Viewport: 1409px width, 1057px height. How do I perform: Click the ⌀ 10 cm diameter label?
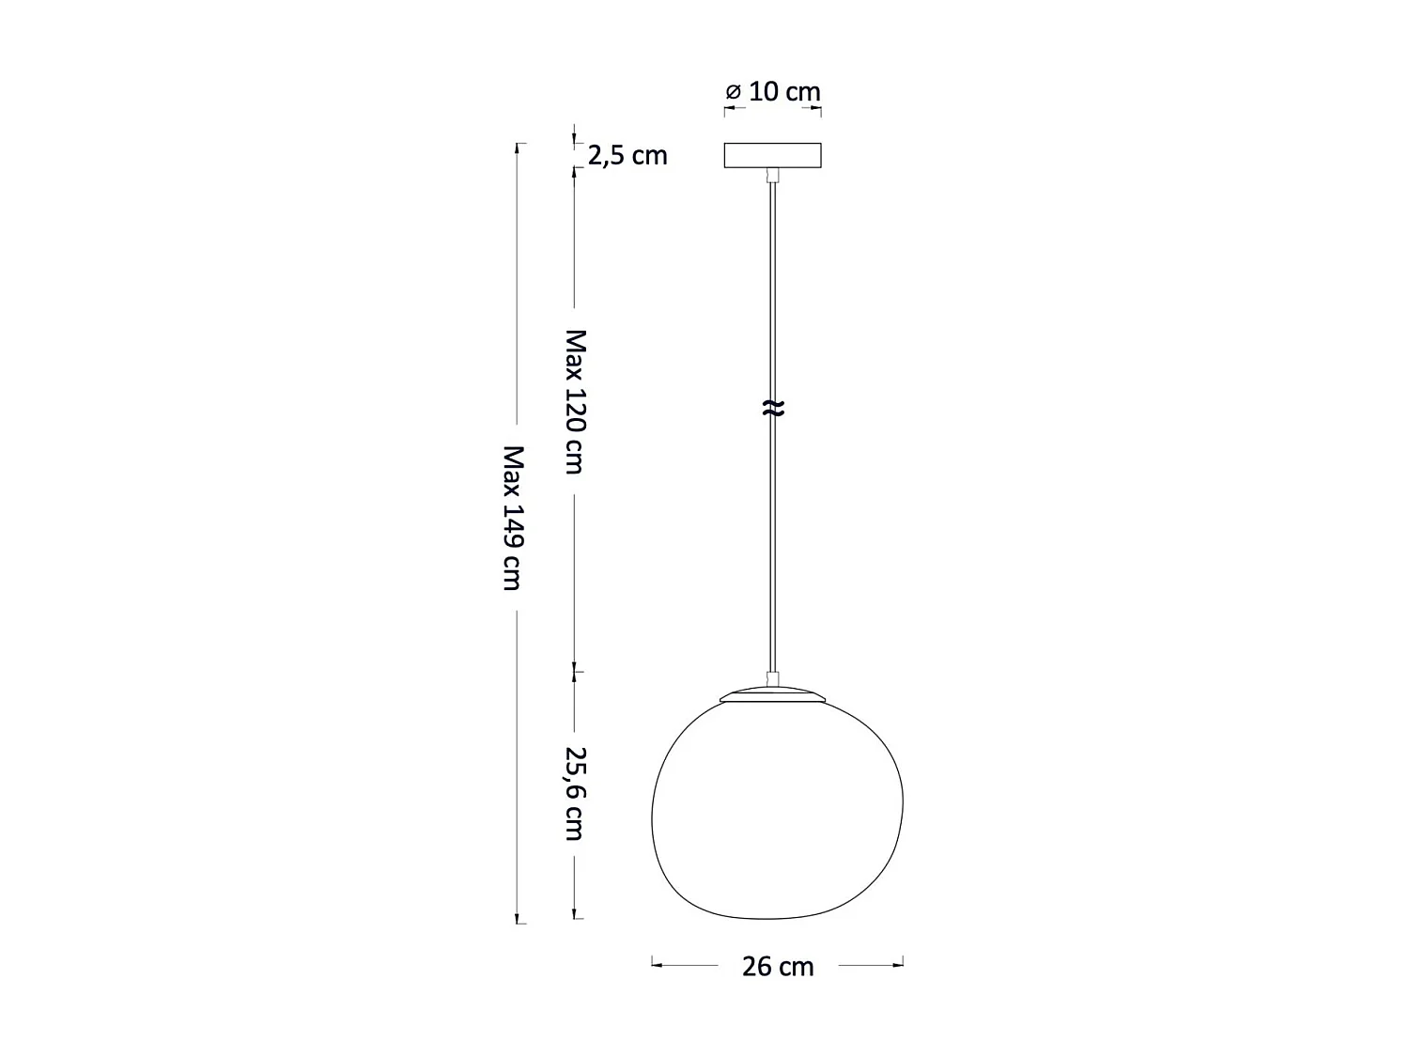click(773, 92)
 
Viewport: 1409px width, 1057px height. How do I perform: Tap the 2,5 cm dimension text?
click(627, 155)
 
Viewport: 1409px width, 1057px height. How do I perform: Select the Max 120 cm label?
click(575, 401)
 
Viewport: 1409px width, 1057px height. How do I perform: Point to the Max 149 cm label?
click(512, 518)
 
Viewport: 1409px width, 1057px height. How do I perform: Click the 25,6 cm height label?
click(575, 793)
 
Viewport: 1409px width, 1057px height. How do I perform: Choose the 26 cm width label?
click(778, 966)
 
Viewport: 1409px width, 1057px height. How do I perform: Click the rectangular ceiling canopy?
click(772, 155)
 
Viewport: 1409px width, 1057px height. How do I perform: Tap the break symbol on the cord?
click(772, 408)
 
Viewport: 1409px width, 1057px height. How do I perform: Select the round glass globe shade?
click(777, 808)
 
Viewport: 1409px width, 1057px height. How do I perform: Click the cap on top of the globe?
click(773, 694)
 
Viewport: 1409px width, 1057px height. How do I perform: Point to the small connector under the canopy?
click(772, 175)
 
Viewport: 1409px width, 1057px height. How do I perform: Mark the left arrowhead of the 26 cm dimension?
click(657, 964)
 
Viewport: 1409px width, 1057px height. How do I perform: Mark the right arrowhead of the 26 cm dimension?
click(898, 964)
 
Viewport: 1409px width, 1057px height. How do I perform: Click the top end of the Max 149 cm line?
click(519, 145)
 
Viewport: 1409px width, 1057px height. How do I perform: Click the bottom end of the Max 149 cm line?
click(519, 922)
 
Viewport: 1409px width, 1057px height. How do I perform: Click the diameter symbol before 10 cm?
click(734, 92)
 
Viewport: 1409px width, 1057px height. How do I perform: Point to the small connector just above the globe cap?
click(772, 678)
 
